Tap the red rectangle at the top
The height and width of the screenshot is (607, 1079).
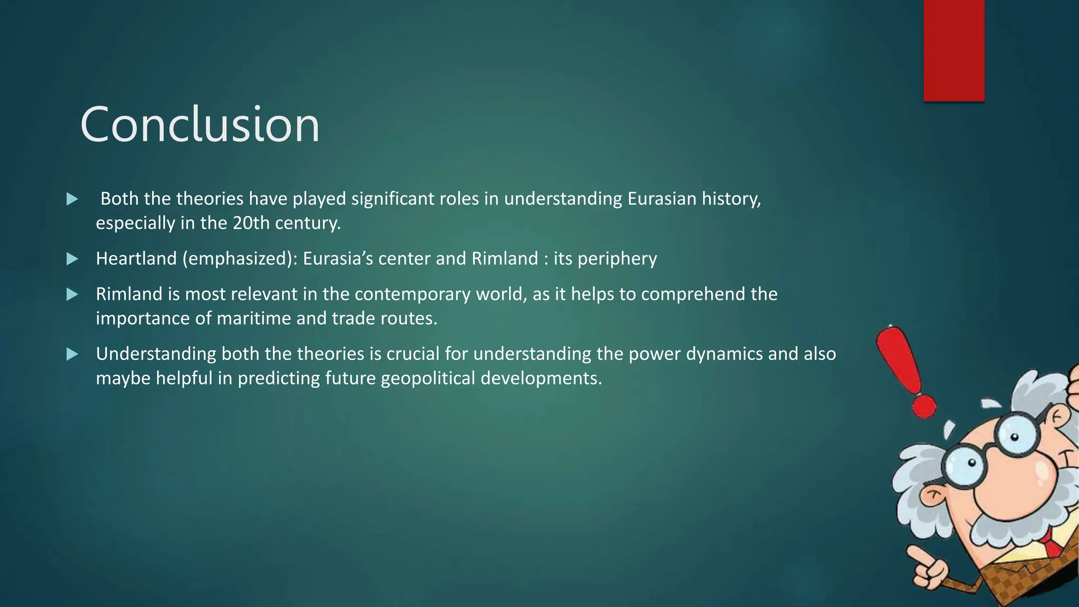coord(954,51)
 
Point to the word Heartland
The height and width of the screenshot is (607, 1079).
coord(136,258)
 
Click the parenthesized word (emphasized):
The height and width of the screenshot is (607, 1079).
coord(240,259)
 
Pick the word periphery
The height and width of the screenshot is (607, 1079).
coord(617,259)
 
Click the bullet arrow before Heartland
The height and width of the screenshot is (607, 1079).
coord(72,259)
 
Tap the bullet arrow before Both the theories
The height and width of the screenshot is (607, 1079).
coord(72,199)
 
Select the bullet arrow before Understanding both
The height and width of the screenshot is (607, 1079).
coord(72,354)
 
